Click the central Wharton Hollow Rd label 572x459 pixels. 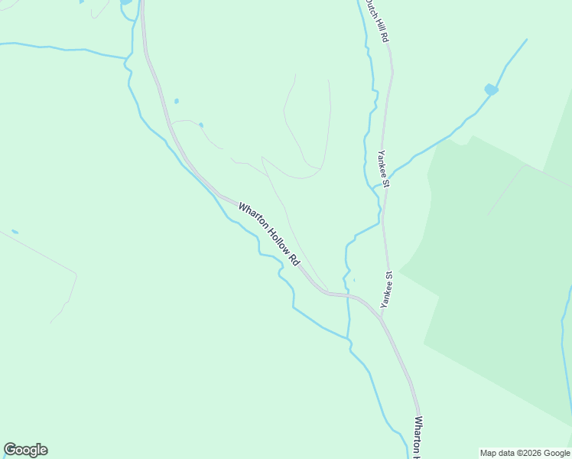tap(270, 233)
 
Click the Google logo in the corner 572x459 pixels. tap(25, 450)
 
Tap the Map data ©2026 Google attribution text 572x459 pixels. tap(525, 453)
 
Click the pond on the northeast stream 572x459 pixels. tap(490, 90)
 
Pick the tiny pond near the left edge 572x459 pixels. tap(15, 232)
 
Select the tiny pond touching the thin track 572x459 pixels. tap(200, 125)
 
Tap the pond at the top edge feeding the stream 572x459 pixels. tap(125, 2)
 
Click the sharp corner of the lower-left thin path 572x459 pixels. tap(76, 273)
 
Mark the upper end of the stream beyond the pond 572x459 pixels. tap(526, 40)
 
